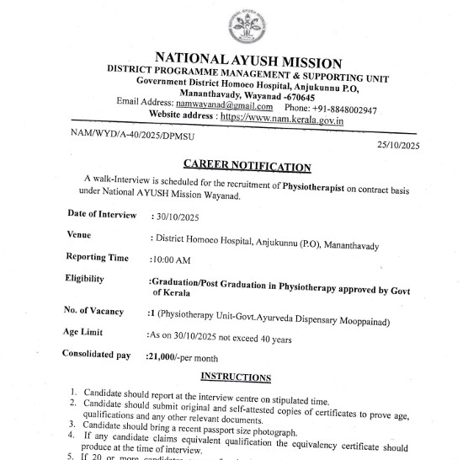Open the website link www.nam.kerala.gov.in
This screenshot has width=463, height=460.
[x=285, y=120]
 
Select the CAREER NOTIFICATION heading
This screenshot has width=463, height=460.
[x=247, y=166]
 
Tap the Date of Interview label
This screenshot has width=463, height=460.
[x=101, y=215]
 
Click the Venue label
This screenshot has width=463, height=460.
[x=79, y=235]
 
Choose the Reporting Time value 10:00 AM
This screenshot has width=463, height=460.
[x=171, y=260]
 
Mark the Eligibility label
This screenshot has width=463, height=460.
[x=85, y=278]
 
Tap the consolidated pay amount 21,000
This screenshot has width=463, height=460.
[x=164, y=357]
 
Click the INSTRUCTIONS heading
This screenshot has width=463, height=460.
[x=236, y=377]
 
